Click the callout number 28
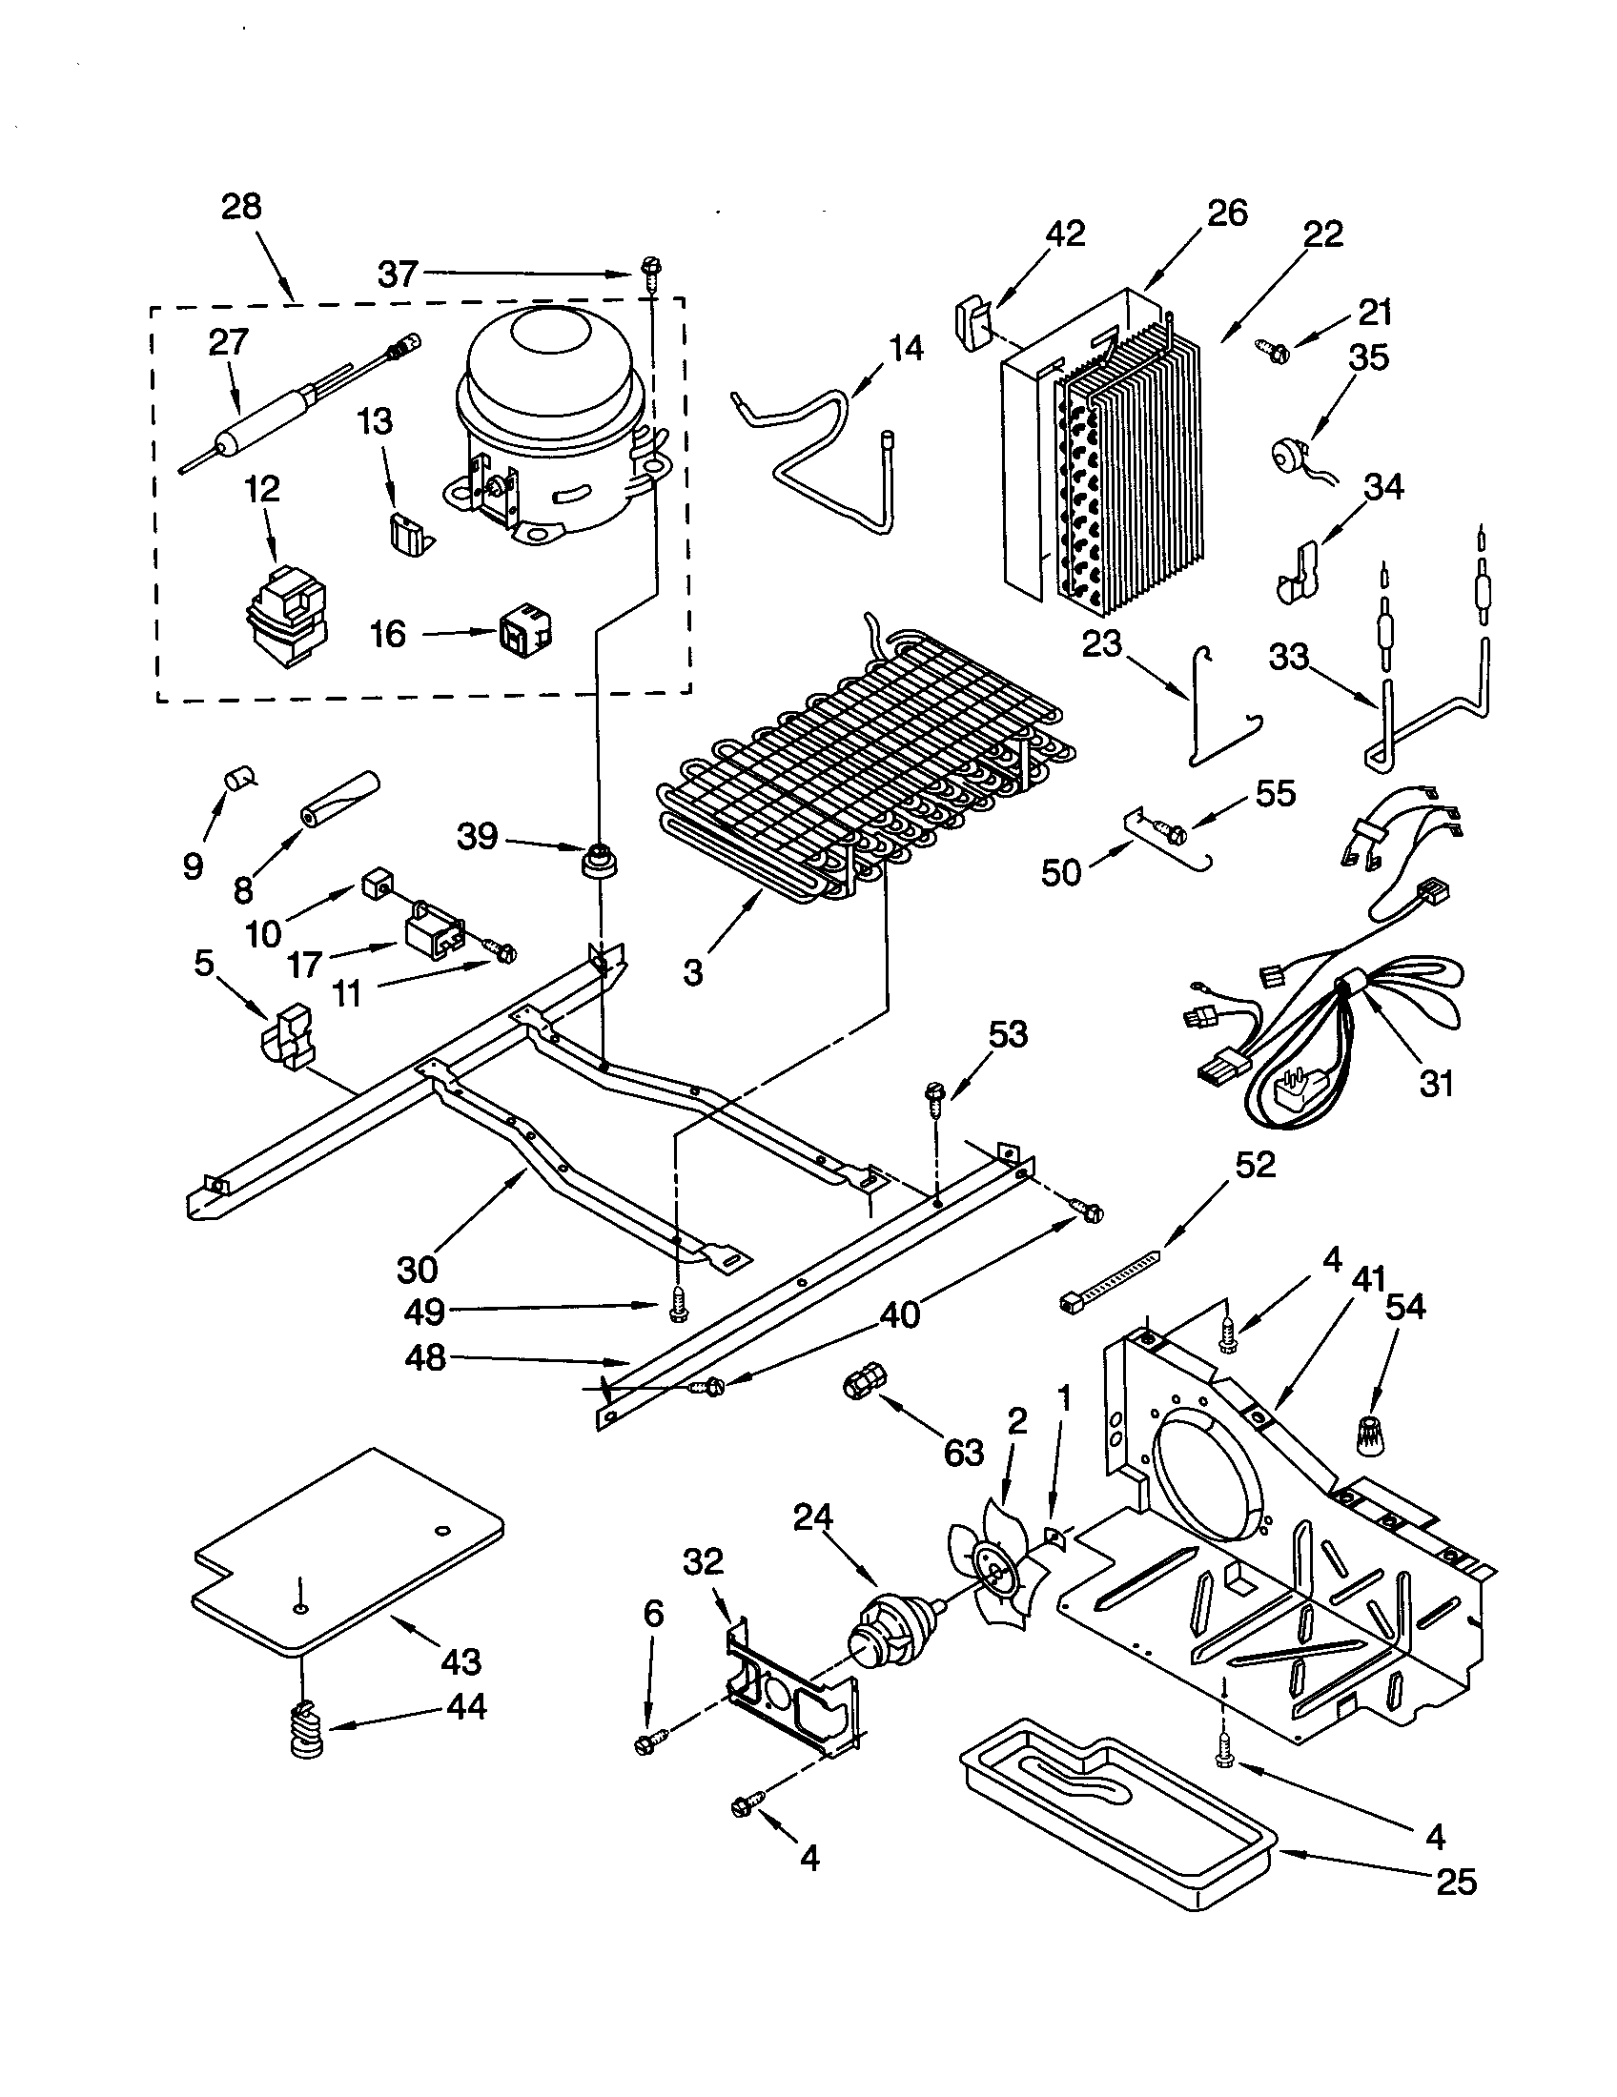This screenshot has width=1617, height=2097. [x=241, y=207]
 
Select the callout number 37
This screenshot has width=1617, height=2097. [x=398, y=275]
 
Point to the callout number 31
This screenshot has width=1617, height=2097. [x=1437, y=1083]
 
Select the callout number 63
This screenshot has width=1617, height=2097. [x=963, y=1452]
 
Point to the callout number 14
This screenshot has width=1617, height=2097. [x=905, y=349]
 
